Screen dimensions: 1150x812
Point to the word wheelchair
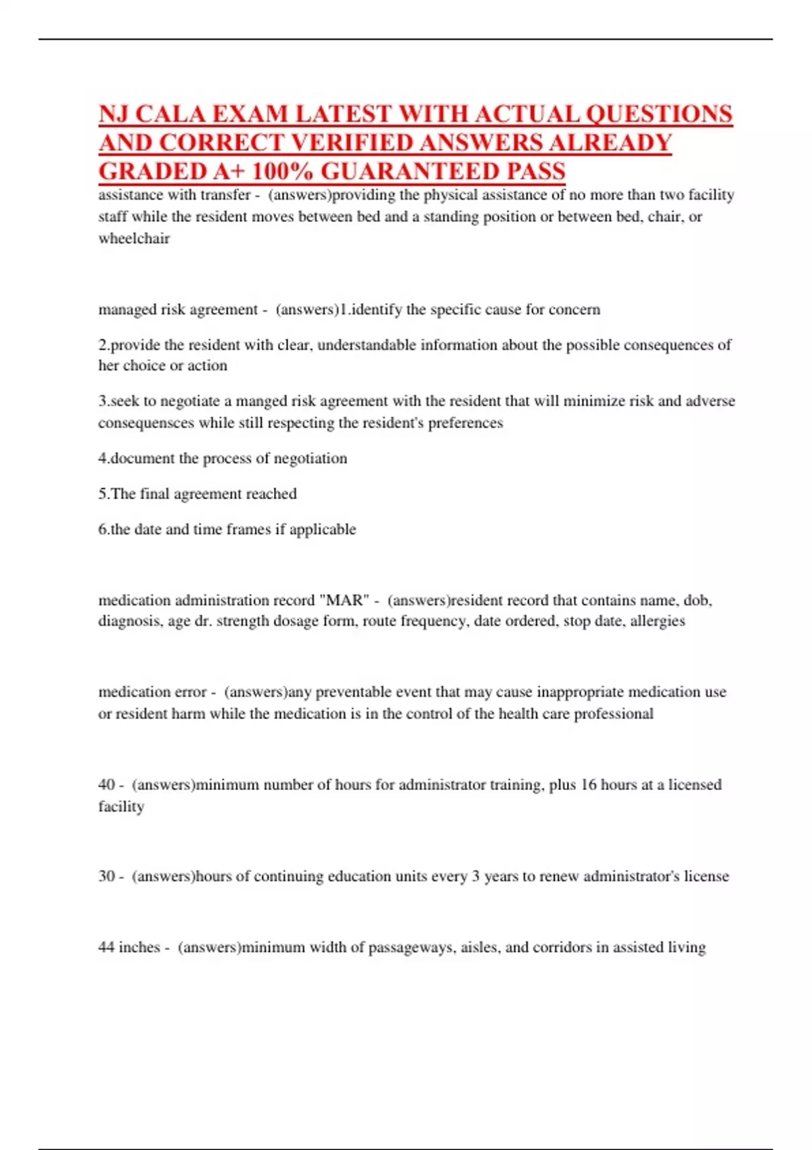click(134, 239)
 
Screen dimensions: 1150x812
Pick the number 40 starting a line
click(106, 785)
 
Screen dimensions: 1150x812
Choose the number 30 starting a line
click(106, 876)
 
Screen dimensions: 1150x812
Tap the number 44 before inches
click(106, 947)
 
